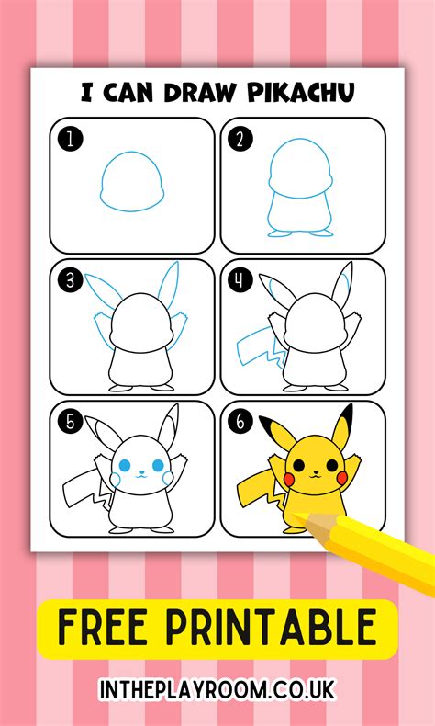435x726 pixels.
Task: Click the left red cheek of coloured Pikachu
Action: [x=292, y=478]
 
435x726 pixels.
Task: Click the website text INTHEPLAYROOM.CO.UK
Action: [x=217, y=687]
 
